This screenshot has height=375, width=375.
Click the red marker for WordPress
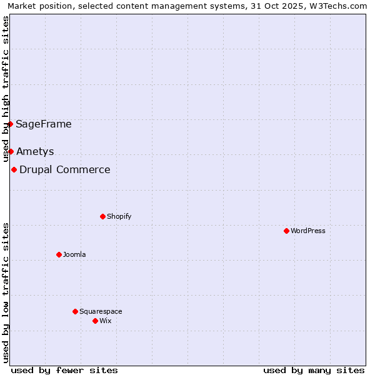click(x=286, y=231)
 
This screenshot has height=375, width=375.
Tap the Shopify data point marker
click(x=102, y=216)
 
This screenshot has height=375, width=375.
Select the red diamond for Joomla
click(x=59, y=254)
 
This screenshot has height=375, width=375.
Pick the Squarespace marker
click(x=75, y=311)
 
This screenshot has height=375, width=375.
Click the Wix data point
click(x=95, y=321)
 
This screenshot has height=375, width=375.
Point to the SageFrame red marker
click(x=11, y=124)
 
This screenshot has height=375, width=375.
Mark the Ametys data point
click(x=11, y=151)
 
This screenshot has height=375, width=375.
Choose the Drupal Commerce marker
click(x=14, y=169)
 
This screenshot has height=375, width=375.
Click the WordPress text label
click(x=308, y=231)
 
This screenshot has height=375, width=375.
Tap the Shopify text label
click(x=119, y=216)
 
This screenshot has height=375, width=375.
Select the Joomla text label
click(x=74, y=254)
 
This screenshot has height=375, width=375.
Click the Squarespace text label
click(x=101, y=311)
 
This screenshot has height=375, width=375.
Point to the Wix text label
click(x=105, y=321)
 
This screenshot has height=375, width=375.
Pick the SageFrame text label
click(x=44, y=124)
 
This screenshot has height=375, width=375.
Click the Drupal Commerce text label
click(x=65, y=169)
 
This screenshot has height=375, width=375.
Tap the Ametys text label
click(x=35, y=151)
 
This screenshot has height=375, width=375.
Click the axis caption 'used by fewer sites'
click(x=64, y=370)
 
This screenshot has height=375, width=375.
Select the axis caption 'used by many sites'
click(x=314, y=370)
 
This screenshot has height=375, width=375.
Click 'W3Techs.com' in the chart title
click(x=341, y=6)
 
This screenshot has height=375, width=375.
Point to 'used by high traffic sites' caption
click(x=6, y=89)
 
